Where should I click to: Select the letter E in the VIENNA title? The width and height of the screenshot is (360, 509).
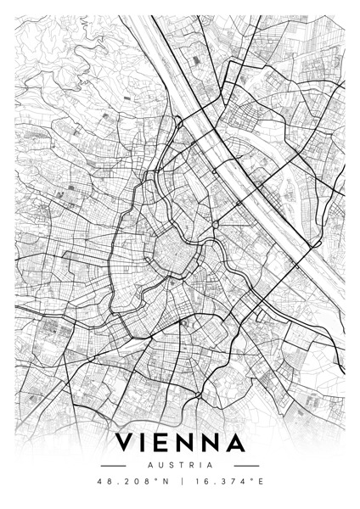tap(169, 443)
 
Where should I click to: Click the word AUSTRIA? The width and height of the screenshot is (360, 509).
tap(180, 465)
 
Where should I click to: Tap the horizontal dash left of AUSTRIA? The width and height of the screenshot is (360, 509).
tap(113, 465)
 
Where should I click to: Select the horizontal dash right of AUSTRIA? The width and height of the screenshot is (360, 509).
tap(246, 465)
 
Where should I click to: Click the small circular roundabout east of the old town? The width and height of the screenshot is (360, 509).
tap(216, 224)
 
